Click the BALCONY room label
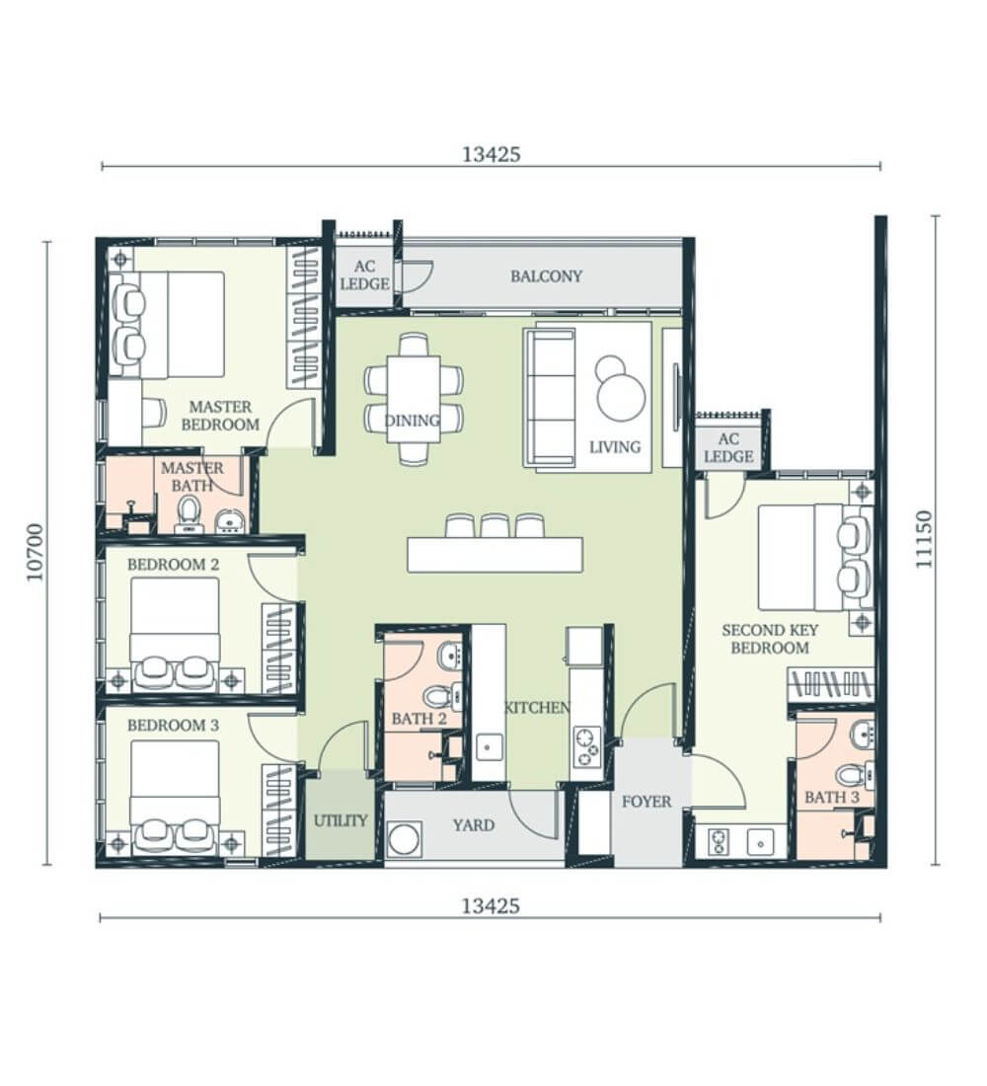pos(546,276)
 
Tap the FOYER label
pos(646,802)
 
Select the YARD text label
pos(474,825)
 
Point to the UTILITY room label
pos(341,820)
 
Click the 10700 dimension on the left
pos(36,552)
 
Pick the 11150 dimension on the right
pos(924,539)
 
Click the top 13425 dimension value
pos(492,154)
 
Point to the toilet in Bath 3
pos(853,775)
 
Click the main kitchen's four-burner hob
pos(587,746)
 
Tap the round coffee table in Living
pos(620,395)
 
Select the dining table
pos(414,398)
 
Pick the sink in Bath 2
pos(451,655)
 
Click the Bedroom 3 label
pos(173,726)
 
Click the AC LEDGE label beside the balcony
pos(364,275)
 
